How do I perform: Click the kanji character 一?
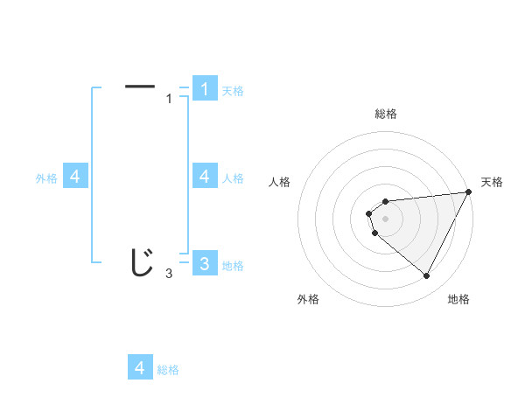coord(140,86)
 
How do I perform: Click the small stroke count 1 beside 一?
coord(169,99)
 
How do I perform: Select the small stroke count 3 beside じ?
coord(169,274)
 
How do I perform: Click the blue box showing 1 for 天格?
coord(204,88)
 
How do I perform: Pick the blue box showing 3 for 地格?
coord(204,263)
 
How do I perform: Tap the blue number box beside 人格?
coord(204,176)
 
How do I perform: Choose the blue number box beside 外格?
coord(75,176)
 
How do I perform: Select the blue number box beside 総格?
coord(140,367)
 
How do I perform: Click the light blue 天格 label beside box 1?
coord(233,91)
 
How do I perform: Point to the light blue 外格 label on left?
coord(46,178)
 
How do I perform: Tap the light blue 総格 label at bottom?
coord(168,370)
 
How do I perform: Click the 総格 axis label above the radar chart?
coord(385,114)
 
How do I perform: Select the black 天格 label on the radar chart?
coord(492,182)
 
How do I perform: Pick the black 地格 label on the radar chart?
coord(458,299)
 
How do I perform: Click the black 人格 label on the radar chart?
coord(280,182)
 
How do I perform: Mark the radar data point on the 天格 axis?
coord(468,192)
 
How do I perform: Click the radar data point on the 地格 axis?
coord(427,276)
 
